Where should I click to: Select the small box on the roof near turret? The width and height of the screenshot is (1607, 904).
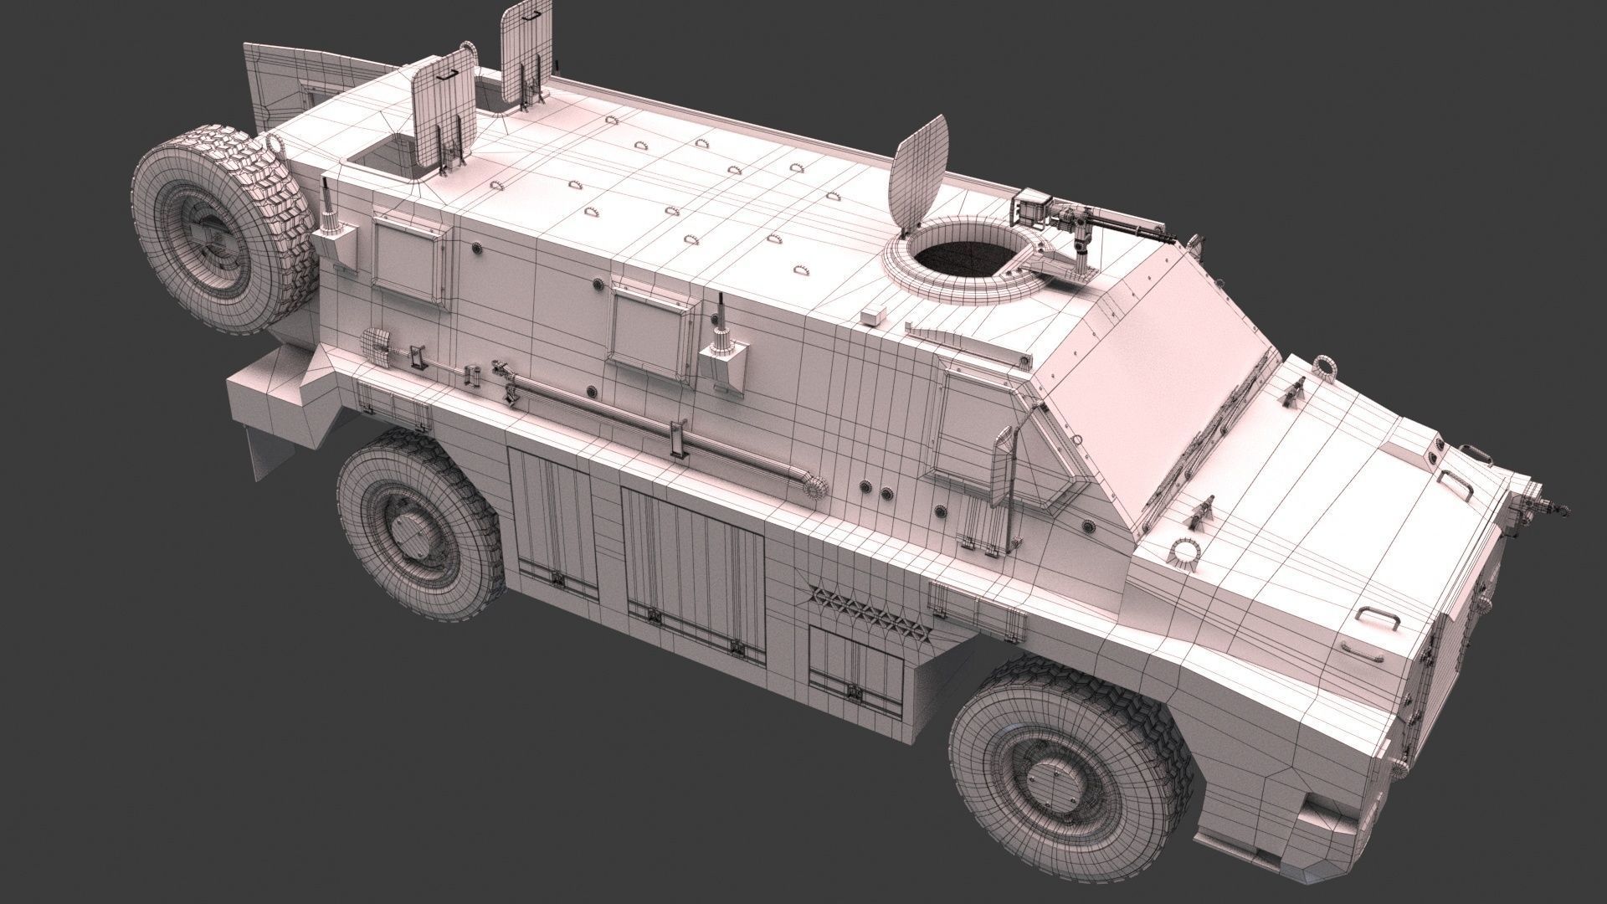coord(873,316)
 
